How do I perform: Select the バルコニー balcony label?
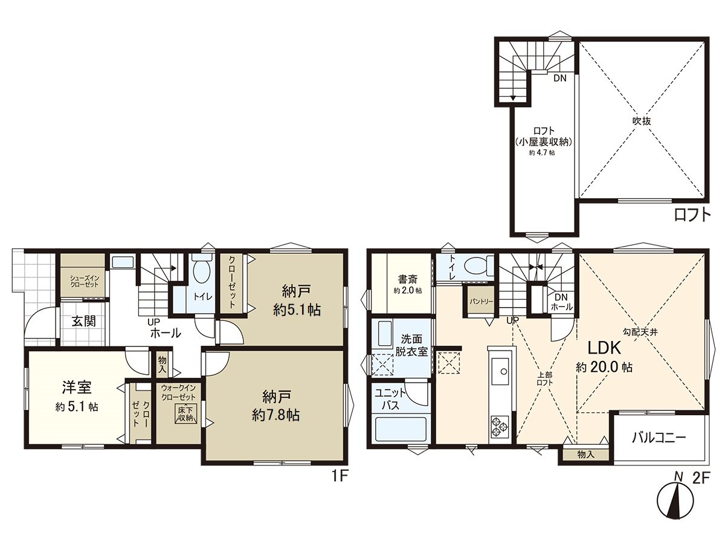click(659, 438)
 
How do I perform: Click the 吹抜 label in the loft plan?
click(642, 120)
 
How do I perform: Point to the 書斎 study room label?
click(405, 279)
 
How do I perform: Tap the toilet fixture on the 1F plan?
click(201, 270)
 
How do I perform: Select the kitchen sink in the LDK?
click(501, 370)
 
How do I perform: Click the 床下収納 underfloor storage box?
click(185, 414)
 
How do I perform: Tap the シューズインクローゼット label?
click(83, 280)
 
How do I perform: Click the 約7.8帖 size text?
click(277, 415)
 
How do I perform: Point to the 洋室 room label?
click(76, 387)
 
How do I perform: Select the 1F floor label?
click(340, 476)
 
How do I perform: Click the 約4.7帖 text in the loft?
click(542, 153)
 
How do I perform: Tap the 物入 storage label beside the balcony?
click(585, 453)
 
